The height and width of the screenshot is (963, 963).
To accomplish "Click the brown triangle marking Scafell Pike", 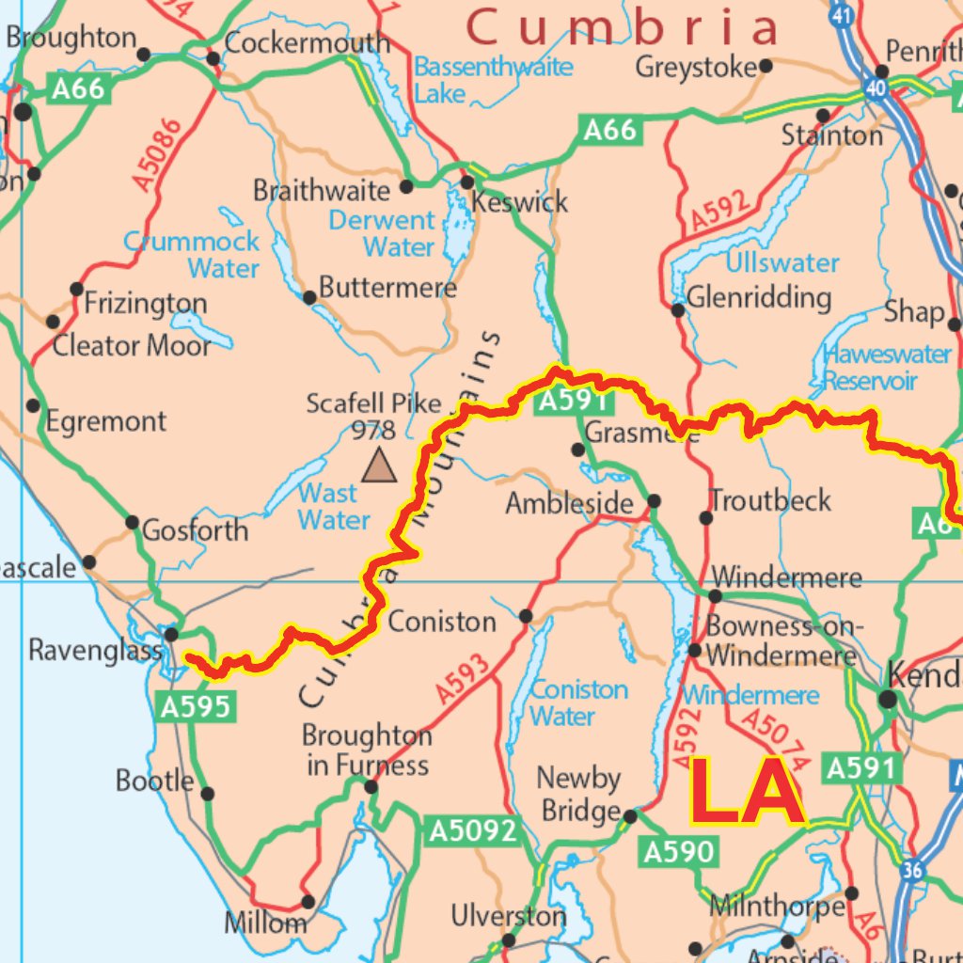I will pyautogui.click(x=379, y=465).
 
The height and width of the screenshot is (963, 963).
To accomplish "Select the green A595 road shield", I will pyautogui.click(x=195, y=706).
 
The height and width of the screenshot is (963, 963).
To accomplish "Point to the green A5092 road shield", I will pyautogui.click(x=473, y=830).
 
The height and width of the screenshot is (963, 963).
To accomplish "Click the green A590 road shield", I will pyautogui.click(x=678, y=852).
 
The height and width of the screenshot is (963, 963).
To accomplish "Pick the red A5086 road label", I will pyautogui.click(x=157, y=155).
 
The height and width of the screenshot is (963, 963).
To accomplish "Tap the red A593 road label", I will pyautogui.click(x=463, y=679).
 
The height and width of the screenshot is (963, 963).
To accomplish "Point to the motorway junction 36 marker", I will pyautogui.click(x=911, y=871).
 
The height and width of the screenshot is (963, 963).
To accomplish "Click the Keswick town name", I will pyautogui.click(x=520, y=201).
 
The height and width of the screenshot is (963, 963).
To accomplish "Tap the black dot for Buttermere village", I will pyautogui.click(x=309, y=298).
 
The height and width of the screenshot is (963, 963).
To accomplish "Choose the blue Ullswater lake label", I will pyautogui.click(x=781, y=262).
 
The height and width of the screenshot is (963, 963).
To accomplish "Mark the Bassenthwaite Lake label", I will pyautogui.click(x=493, y=80).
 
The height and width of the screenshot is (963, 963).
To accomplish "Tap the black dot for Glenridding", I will pyautogui.click(x=678, y=310).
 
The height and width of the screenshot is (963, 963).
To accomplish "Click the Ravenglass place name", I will pyautogui.click(x=95, y=650).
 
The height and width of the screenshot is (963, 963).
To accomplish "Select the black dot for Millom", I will pyautogui.click(x=308, y=902).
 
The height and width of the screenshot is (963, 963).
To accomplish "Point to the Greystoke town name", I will pyautogui.click(x=696, y=67).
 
